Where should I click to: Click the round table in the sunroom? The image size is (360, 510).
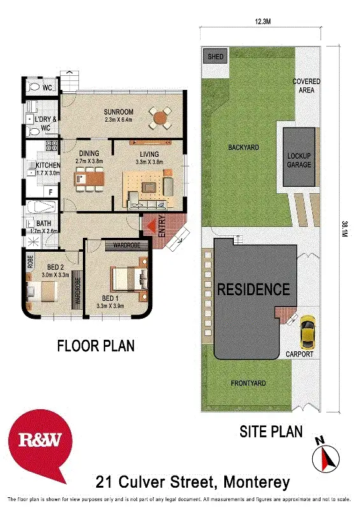click(161, 117)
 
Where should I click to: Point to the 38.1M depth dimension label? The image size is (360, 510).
click(344, 228)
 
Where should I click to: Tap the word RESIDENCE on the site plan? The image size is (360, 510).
click(254, 289)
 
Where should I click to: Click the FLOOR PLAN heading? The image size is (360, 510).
click(96, 346)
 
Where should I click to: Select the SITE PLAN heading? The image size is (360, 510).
click(271, 432)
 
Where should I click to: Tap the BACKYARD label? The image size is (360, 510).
click(243, 147)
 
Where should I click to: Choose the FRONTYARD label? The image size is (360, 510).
click(248, 383)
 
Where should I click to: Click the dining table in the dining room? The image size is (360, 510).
click(88, 181)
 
